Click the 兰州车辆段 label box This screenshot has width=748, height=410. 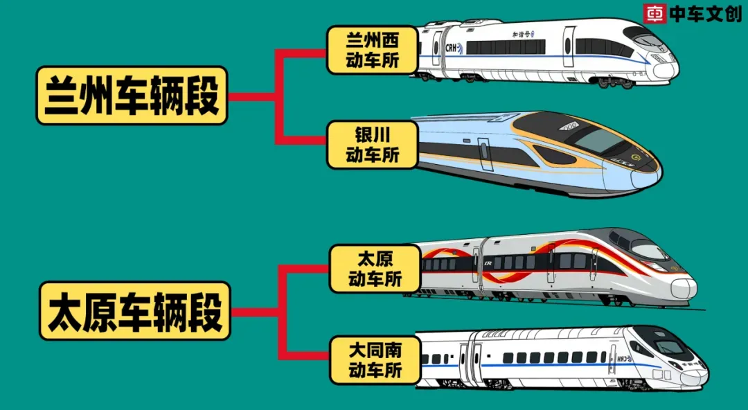coord(132,96)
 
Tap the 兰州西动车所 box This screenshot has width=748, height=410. coord(373,51)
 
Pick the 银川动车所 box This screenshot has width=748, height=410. coord(373,144)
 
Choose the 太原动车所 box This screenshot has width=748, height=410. coord(375,269)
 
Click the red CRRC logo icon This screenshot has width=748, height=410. coord(654,14)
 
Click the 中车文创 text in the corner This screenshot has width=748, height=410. coord(704,14)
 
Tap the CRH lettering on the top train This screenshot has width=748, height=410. coord(452,48)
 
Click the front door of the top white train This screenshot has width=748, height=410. coord(569,46)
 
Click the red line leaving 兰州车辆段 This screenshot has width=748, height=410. coord(253,96)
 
